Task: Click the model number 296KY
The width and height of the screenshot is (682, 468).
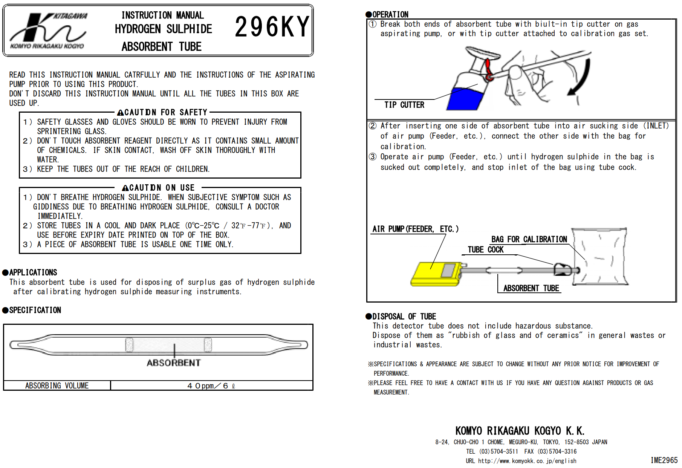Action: pos(272,27)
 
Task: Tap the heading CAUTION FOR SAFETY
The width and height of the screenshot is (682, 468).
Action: pos(162,112)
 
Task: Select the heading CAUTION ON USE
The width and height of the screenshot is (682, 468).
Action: pos(159,188)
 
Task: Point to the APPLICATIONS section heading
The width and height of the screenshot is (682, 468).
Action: pos(30,272)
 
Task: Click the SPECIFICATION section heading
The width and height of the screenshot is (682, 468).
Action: pos(32,310)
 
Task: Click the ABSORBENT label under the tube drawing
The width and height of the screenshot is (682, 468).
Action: pos(174,363)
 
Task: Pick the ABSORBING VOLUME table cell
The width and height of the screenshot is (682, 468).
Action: pos(57,385)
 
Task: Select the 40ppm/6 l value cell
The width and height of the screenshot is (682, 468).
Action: pos(211,385)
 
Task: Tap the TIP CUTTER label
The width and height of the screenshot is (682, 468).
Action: pos(404,105)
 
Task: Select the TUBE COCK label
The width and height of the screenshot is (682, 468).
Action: pos(485,249)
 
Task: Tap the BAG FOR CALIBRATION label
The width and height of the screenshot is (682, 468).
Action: pos(529,239)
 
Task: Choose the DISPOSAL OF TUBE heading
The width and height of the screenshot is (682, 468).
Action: pos(401,317)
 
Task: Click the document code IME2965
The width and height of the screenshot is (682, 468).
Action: pos(664,460)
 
